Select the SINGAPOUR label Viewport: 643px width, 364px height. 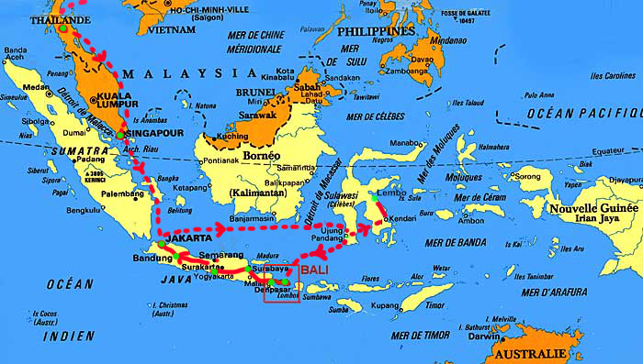coord(152,134)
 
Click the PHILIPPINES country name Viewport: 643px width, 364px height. coord(375,31)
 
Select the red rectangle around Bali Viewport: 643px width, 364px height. coord(281,282)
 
